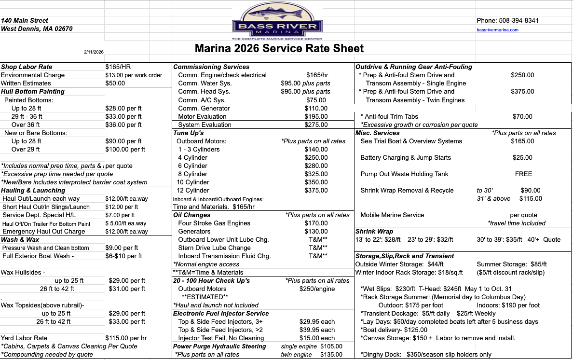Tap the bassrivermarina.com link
tap(497, 30)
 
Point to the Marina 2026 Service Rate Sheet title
tap(279, 48)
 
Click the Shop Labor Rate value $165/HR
tap(118, 67)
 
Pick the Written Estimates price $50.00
tap(115, 83)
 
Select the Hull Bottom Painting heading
tap(33, 91)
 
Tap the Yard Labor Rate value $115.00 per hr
tap(126, 338)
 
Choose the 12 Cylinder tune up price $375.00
tap(316, 190)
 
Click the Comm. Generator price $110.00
tap(316, 108)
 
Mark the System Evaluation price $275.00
tap(316, 125)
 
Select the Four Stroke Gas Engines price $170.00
tap(316, 223)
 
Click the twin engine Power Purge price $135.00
tap(331, 354)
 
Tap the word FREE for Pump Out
tap(523, 174)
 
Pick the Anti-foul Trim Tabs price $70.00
tap(522, 116)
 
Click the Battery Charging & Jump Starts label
tap(406, 157)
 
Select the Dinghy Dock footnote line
tap(426, 354)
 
